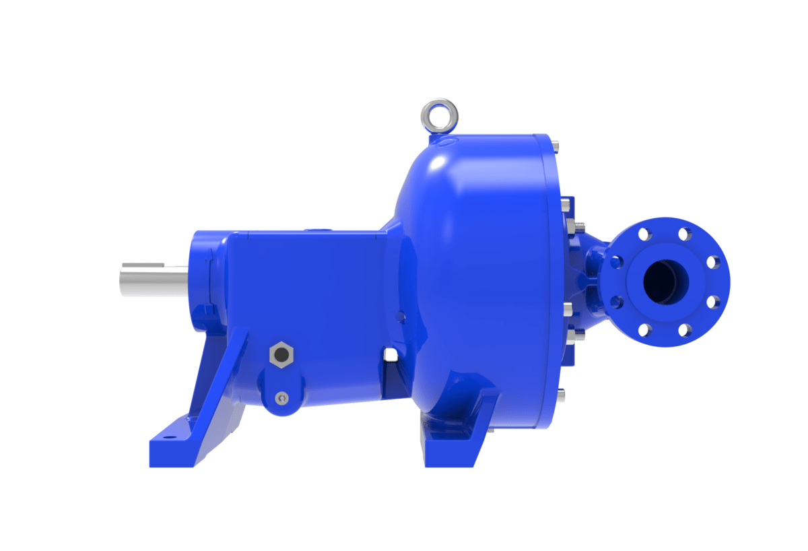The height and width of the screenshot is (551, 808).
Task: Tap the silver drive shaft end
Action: [x=151, y=276]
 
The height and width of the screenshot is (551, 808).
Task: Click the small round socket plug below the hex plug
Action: [x=281, y=398]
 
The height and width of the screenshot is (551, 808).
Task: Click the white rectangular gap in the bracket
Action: [x=389, y=354]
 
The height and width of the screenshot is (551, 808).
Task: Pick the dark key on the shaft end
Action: [x=152, y=263]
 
